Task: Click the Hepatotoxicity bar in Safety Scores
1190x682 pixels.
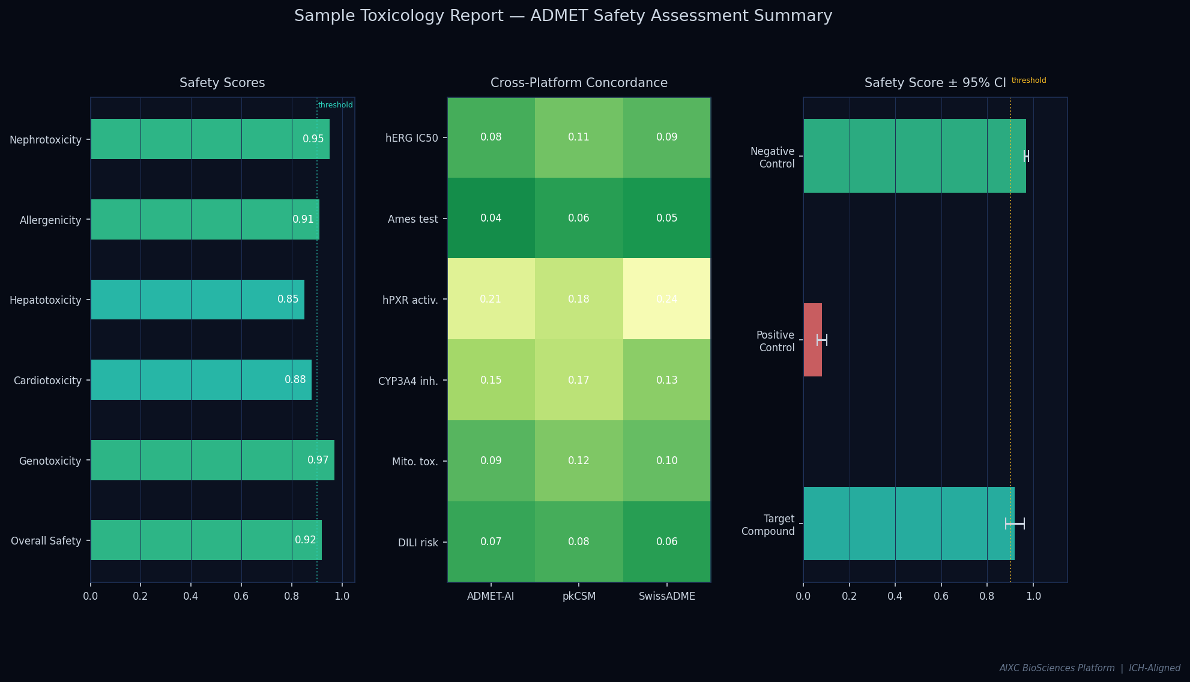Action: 198,300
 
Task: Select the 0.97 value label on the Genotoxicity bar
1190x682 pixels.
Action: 318,460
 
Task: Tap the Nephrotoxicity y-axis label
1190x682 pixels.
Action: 46,140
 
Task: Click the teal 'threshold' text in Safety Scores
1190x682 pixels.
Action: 335,105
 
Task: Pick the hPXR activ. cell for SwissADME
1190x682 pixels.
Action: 666,299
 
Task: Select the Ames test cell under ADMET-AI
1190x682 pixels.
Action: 491,218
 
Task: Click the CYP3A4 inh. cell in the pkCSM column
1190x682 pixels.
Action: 579,380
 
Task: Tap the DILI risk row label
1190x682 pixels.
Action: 418,543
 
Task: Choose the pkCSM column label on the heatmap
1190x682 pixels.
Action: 579,596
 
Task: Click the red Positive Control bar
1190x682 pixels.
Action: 812,340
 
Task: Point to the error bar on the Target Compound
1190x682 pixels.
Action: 1015,524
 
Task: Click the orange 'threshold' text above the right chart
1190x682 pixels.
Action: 1028,80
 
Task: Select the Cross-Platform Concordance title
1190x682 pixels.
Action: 579,83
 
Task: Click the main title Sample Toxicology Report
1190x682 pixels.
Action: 563,16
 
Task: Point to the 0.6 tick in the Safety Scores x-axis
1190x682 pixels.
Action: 241,596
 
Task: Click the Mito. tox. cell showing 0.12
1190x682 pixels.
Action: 579,460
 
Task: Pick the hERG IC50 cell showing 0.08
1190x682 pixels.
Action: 491,137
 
